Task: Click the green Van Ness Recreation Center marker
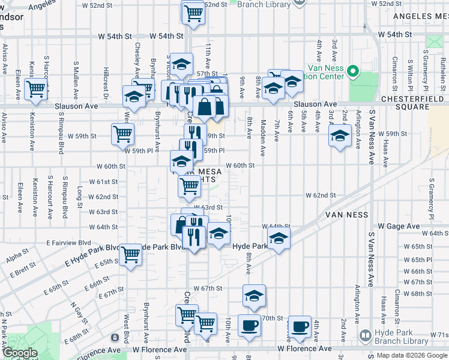pyautogui.click(x=354, y=73)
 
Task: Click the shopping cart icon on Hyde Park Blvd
pyautogui.click(x=130, y=254)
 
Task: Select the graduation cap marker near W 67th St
pyautogui.click(x=254, y=295)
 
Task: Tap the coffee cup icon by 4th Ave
pyautogui.click(x=300, y=326)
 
